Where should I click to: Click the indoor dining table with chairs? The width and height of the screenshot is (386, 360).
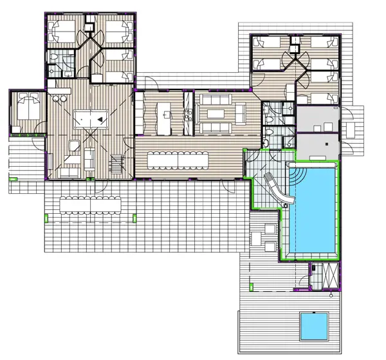pyautogui.click(x=178, y=158)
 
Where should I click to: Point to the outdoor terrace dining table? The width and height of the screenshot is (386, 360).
pyautogui.click(x=89, y=205)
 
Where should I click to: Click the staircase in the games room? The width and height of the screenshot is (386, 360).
pyautogui.click(x=116, y=165)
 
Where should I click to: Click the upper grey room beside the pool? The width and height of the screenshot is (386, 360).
pyautogui.click(x=318, y=120)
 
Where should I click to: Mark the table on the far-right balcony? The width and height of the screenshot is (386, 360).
pyautogui.click(x=351, y=129)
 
